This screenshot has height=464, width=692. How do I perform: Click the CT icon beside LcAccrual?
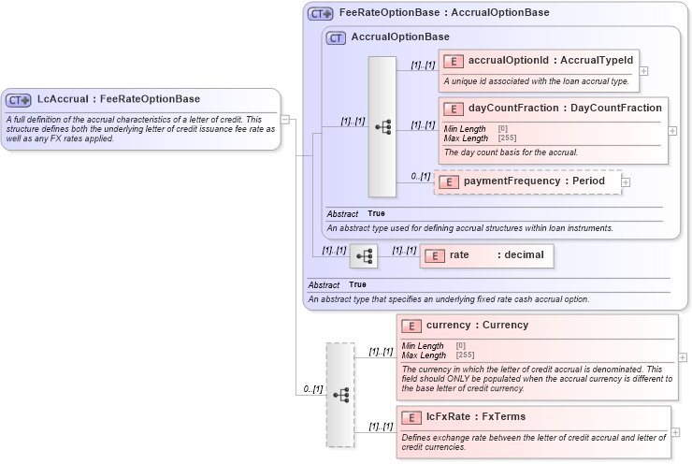(19, 99)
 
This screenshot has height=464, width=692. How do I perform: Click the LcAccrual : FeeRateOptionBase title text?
(118, 99)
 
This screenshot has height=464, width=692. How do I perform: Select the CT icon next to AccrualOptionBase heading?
(336, 37)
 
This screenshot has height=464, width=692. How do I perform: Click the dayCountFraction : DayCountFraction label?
(565, 109)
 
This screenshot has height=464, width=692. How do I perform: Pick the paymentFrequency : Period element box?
(528, 181)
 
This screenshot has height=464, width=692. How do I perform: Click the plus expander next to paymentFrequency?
(626, 181)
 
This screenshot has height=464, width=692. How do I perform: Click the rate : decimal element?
(486, 255)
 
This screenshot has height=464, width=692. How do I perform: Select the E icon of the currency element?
(411, 326)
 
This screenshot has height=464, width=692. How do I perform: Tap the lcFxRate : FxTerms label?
(476, 417)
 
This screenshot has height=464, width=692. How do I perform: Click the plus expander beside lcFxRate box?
(675, 432)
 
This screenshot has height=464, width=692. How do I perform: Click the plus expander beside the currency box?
(682, 356)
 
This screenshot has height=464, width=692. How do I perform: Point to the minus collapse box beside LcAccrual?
(285, 119)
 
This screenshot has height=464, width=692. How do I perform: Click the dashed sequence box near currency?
(340, 394)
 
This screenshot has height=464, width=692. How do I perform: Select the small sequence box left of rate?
(363, 255)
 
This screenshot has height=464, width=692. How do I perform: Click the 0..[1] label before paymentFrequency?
(420, 176)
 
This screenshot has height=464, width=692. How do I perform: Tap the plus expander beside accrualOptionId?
(643, 71)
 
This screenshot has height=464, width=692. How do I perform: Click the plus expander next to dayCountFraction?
(672, 131)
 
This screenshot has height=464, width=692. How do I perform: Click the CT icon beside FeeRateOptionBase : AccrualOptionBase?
(321, 14)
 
